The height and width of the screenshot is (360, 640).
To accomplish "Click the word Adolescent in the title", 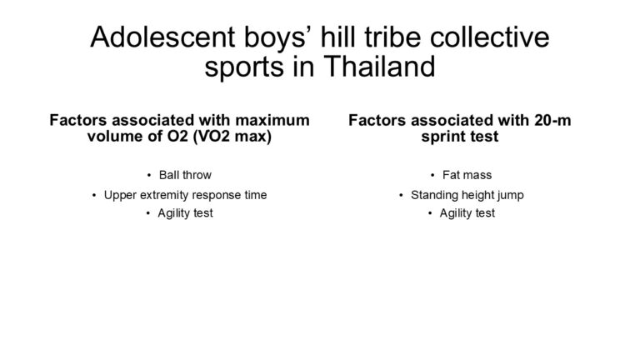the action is pyautogui.click(x=162, y=37).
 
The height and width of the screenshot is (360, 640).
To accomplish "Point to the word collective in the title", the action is pyautogui.click(x=489, y=37).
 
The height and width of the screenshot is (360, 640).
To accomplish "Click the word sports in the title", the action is pyautogui.click(x=244, y=68).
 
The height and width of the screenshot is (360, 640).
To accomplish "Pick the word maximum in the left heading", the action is pyautogui.click(x=272, y=120).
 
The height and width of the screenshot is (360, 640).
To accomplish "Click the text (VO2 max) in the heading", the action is pyautogui.click(x=232, y=137).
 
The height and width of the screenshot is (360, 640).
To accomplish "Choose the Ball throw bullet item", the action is pyautogui.click(x=185, y=175).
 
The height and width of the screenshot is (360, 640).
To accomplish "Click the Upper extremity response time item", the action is pyautogui.click(x=185, y=195).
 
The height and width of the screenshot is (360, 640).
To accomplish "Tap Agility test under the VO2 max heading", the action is pyautogui.click(x=185, y=213).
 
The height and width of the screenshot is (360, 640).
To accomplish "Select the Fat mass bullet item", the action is pyautogui.click(x=467, y=175).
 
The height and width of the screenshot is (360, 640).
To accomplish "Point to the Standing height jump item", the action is pyautogui.click(x=467, y=195).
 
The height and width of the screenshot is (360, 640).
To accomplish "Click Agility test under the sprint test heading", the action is pyautogui.click(x=467, y=213).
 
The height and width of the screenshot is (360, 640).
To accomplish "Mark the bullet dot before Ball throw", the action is pyautogui.click(x=149, y=176).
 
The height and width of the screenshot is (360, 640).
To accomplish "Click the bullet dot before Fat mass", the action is pyautogui.click(x=432, y=176).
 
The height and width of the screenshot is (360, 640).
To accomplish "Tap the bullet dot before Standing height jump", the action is pyautogui.click(x=401, y=196).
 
